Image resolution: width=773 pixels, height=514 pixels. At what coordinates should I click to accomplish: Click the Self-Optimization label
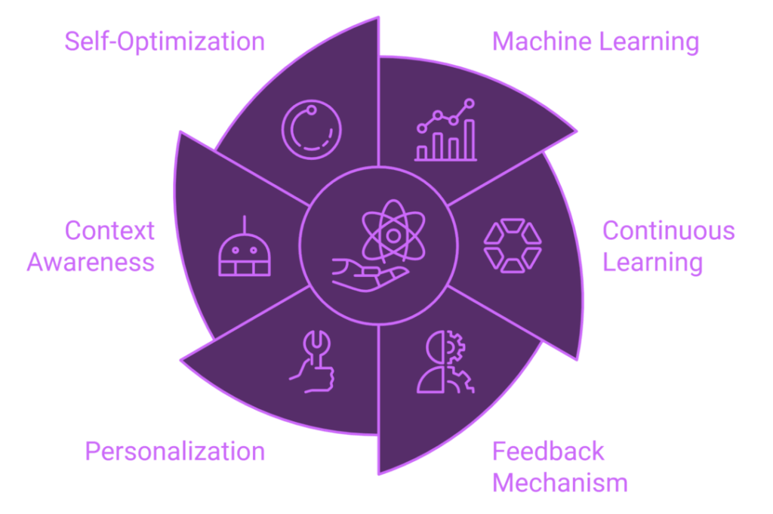click(x=165, y=42)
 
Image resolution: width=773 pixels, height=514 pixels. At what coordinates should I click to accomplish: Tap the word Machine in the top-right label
click(x=542, y=41)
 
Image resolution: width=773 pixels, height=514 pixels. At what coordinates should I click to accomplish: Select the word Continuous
click(x=669, y=231)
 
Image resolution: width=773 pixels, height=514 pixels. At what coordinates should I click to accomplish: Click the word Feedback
click(x=548, y=451)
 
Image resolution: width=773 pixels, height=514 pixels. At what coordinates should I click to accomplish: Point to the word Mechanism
click(x=560, y=482)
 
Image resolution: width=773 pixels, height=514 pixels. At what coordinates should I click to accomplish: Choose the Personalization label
click(x=175, y=452)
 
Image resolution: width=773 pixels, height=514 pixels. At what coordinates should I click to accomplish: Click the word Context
click(x=110, y=231)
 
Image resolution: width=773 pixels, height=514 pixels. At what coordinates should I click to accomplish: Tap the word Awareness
click(x=91, y=262)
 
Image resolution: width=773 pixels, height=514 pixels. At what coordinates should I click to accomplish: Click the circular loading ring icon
click(x=312, y=130)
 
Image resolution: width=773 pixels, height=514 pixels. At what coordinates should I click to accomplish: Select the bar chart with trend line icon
click(x=445, y=130)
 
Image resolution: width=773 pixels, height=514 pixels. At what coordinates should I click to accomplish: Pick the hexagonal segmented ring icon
click(x=513, y=246)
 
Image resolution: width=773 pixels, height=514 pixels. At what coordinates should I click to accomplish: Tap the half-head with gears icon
click(x=445, y=362)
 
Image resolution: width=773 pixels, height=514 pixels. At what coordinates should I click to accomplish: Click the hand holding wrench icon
click(x=312, y=362)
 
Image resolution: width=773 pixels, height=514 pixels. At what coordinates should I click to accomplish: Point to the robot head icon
click(x=245, y=245)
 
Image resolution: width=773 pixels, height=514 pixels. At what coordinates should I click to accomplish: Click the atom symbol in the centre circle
click(x=393, y=231)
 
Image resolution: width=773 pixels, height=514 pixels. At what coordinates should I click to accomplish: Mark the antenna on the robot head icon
click(x=245, y=224)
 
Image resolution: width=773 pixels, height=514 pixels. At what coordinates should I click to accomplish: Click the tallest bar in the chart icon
click(x=470, y=140)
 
